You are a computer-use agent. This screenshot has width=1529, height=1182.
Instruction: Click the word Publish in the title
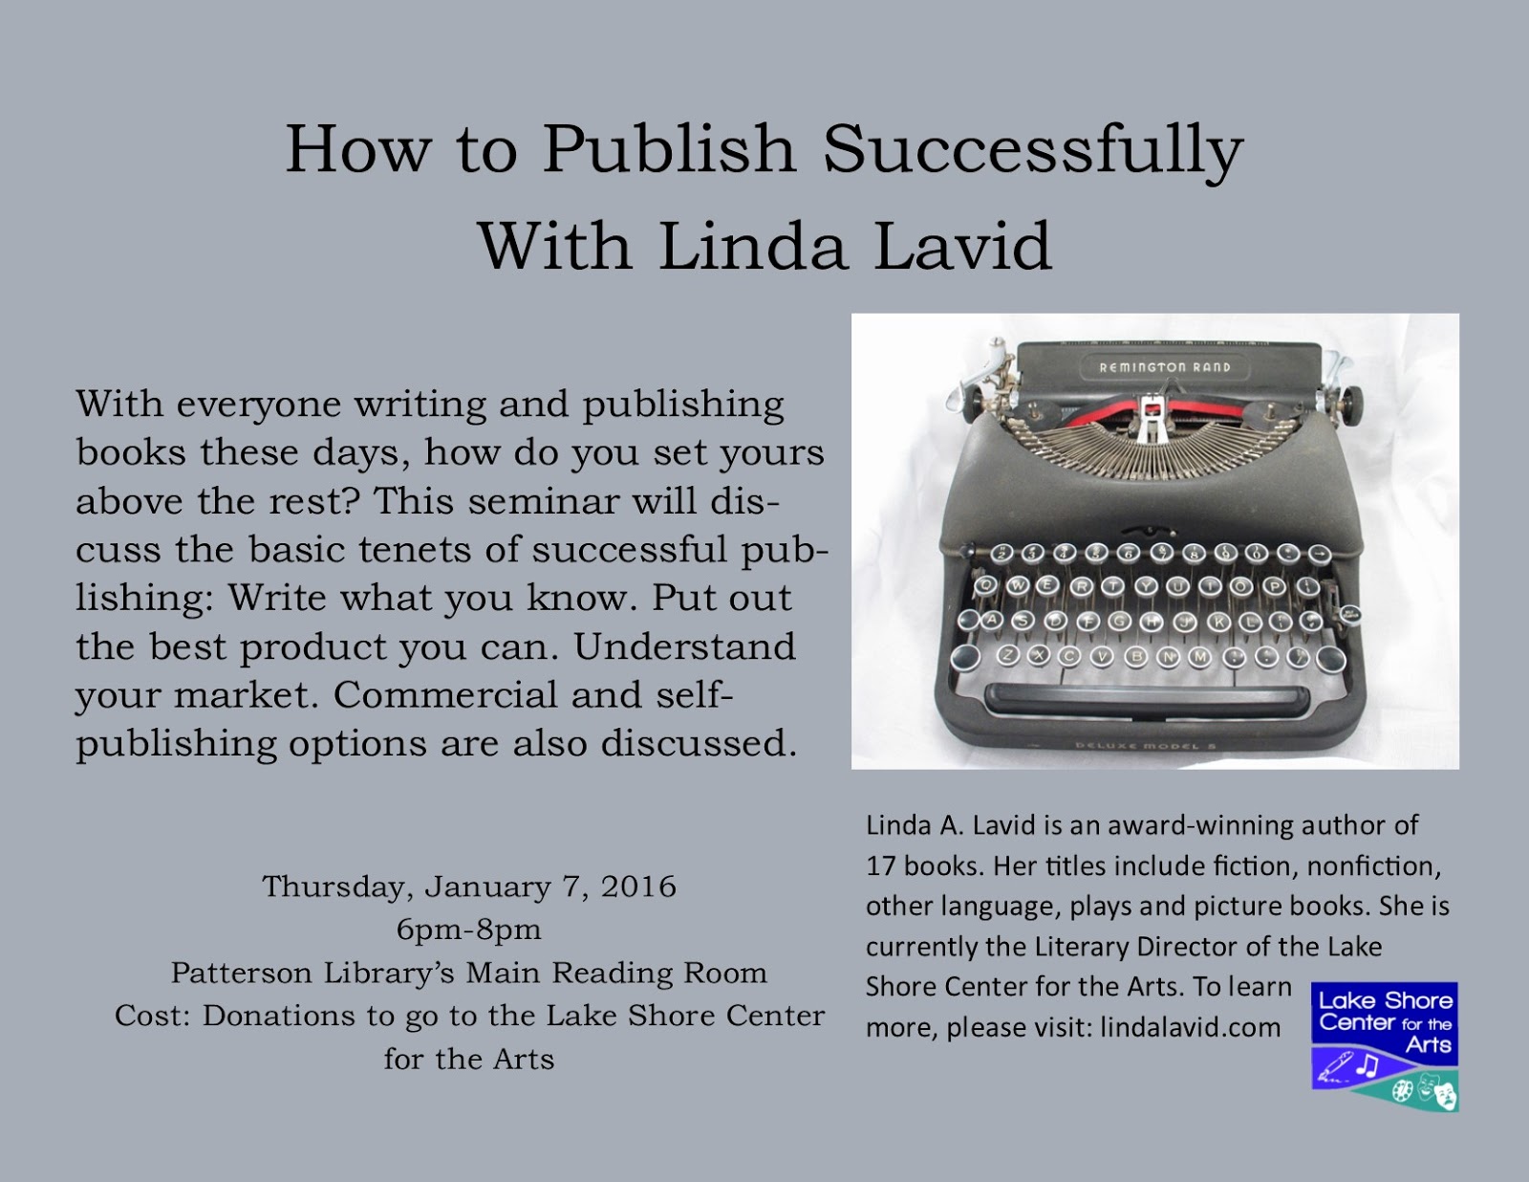[x=668, y=151]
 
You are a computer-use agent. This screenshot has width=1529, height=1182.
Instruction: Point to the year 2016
[x=638, y=886]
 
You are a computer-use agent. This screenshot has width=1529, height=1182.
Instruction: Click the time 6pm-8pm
[x=468, y=930]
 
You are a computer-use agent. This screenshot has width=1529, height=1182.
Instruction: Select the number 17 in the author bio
[x=879, y=865]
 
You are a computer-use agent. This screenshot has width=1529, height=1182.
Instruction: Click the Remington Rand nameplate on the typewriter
[x=1165, y=367]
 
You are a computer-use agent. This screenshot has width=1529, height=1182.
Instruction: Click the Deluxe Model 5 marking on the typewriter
[x=1145, y=746]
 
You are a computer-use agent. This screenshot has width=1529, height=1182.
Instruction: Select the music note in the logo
[x=1367, y=1065]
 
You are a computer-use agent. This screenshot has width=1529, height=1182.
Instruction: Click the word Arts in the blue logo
[x=1429, y=1044]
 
